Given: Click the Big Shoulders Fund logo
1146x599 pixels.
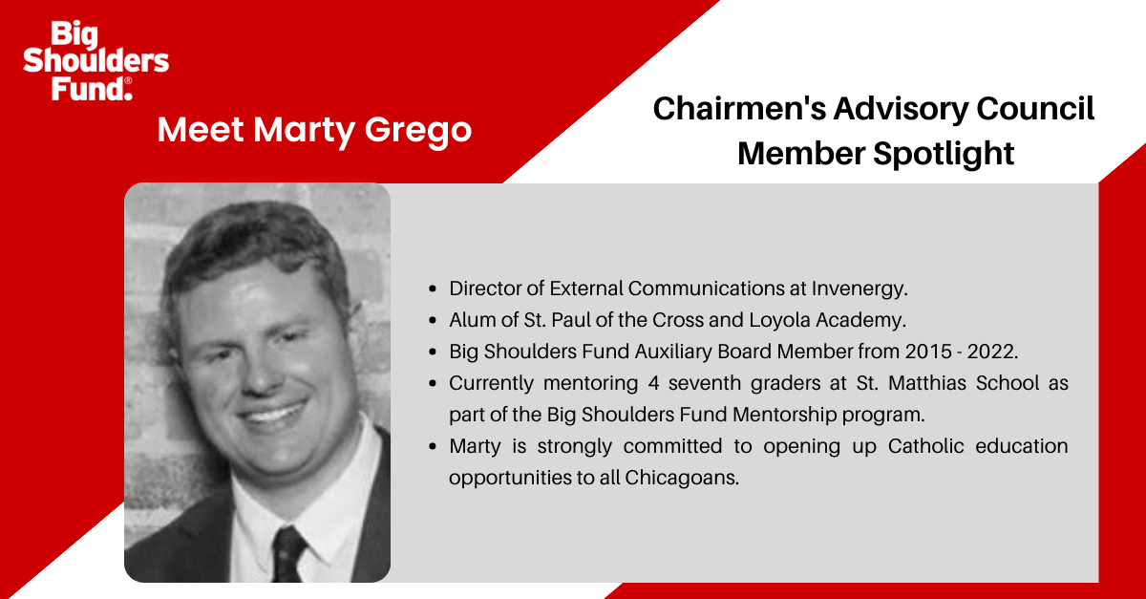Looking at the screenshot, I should (95, 60).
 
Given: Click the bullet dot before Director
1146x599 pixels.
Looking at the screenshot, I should (435, 288).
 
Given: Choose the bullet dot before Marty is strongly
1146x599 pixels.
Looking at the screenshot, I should (435, 447).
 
